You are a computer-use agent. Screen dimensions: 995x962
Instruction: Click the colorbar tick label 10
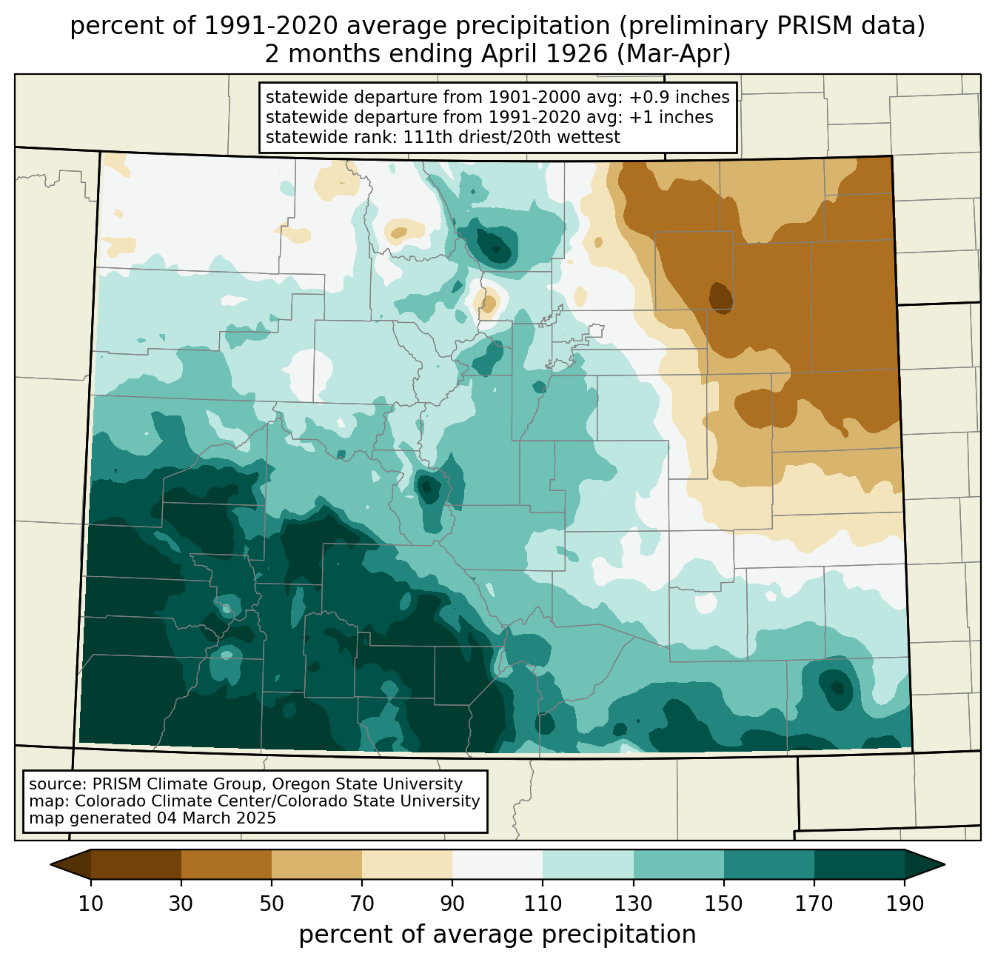click(90, 903)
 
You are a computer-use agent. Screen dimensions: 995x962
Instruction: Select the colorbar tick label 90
click(452, 903)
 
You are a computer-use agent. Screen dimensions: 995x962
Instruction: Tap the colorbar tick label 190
click(905, 903)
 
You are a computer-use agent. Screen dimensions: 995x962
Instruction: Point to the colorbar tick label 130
click(633, 903)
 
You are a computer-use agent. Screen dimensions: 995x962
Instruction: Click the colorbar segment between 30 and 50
click(226, 864)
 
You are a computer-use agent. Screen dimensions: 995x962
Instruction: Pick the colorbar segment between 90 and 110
click(497, 864)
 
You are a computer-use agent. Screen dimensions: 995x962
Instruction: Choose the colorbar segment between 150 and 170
click(769, 864)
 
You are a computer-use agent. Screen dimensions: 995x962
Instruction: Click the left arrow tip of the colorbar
click(50, 864)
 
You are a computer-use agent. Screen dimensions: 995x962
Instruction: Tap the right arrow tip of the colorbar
click(945, 864)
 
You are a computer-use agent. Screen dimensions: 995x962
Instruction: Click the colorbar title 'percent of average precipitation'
click(497, 934)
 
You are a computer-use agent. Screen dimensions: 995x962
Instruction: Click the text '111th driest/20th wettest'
click(512, 137)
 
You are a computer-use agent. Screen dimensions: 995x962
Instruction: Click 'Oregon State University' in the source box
click(366, 784)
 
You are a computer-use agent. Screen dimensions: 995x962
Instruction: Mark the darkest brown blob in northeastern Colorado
click(721, 298)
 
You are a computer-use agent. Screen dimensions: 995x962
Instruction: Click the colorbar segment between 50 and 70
click(317, 864)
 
